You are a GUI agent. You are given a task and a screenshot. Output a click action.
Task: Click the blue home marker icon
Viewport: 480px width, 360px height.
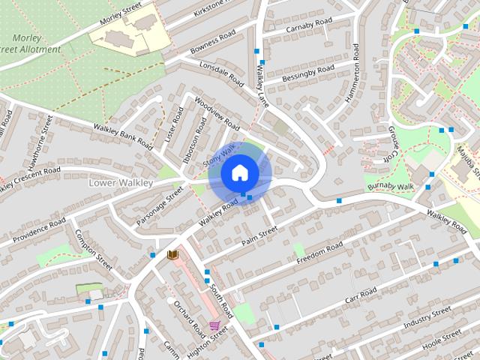coord(239,172)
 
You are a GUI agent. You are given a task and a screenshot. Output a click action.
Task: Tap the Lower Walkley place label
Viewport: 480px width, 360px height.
coord(121,183)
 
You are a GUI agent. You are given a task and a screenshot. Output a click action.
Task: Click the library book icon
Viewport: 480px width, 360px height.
coord(172,255)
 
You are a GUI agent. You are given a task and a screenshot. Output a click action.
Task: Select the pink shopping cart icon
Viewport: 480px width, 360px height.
coord(215,325)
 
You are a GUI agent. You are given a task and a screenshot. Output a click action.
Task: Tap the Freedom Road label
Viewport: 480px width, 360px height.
coord(319,253)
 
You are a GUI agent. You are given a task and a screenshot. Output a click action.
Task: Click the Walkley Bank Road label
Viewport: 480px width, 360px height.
coord(122,135)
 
